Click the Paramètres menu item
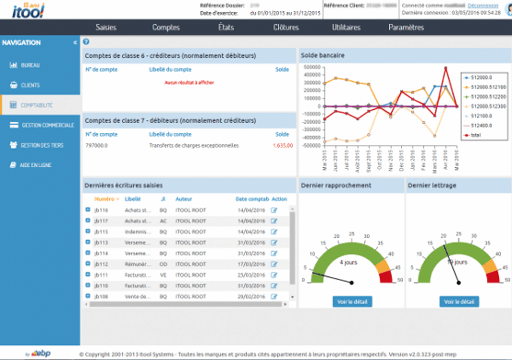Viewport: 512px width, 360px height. coord(406,28)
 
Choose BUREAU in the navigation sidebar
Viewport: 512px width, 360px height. coord(30,66)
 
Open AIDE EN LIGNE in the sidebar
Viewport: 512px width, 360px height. coord(36,164)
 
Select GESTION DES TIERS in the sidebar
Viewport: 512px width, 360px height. coord(40,145)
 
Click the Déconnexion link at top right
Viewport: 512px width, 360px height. coord(483,5)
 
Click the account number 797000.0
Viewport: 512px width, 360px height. coord(96,145)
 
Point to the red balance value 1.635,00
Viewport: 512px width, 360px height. coord(283,145)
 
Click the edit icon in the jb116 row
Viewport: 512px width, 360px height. coord(273,210)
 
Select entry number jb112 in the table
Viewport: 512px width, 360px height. coord(102,264)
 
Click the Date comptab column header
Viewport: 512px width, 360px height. coord(250,198)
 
